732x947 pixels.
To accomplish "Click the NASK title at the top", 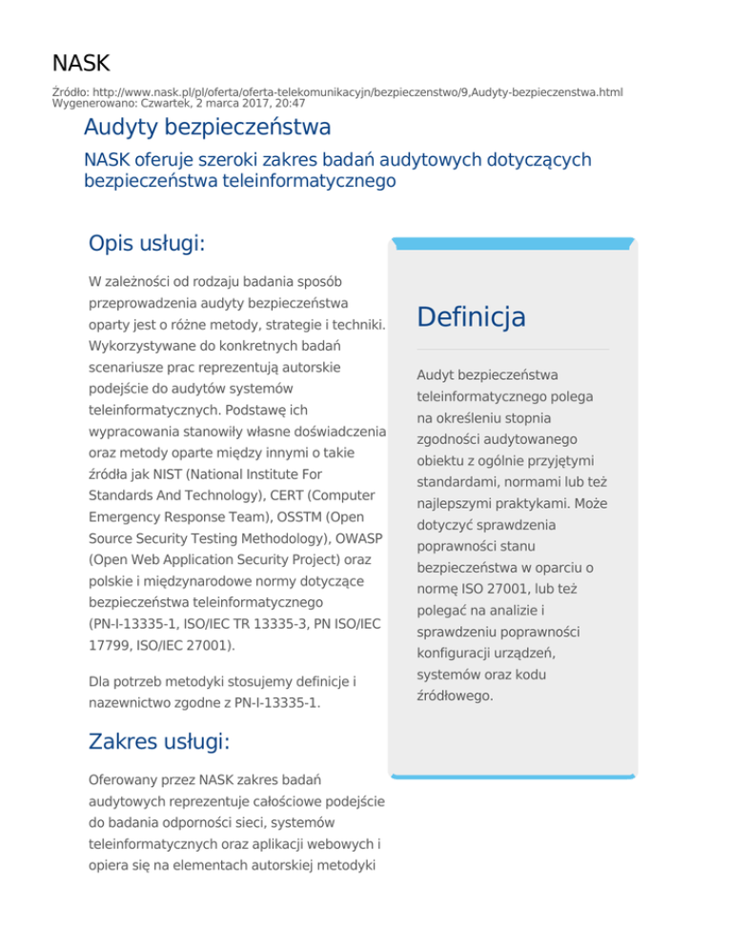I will pyautogui.click(x=81, y=64).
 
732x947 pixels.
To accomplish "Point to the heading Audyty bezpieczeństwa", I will pyautogui.click(x=207, y=127).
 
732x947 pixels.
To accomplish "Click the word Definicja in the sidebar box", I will pyautogui.click(x=472, y=316).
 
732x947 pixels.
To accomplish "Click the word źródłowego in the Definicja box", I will pyautogui.click(x=456, y=695).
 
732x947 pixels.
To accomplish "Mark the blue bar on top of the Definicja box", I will pyautogui.click(x=513, y=244).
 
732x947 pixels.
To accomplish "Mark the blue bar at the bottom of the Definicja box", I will pyautogui.click(x=513, y=776).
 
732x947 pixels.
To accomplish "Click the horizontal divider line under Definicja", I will pyautogui.click(x=513, y=350).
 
